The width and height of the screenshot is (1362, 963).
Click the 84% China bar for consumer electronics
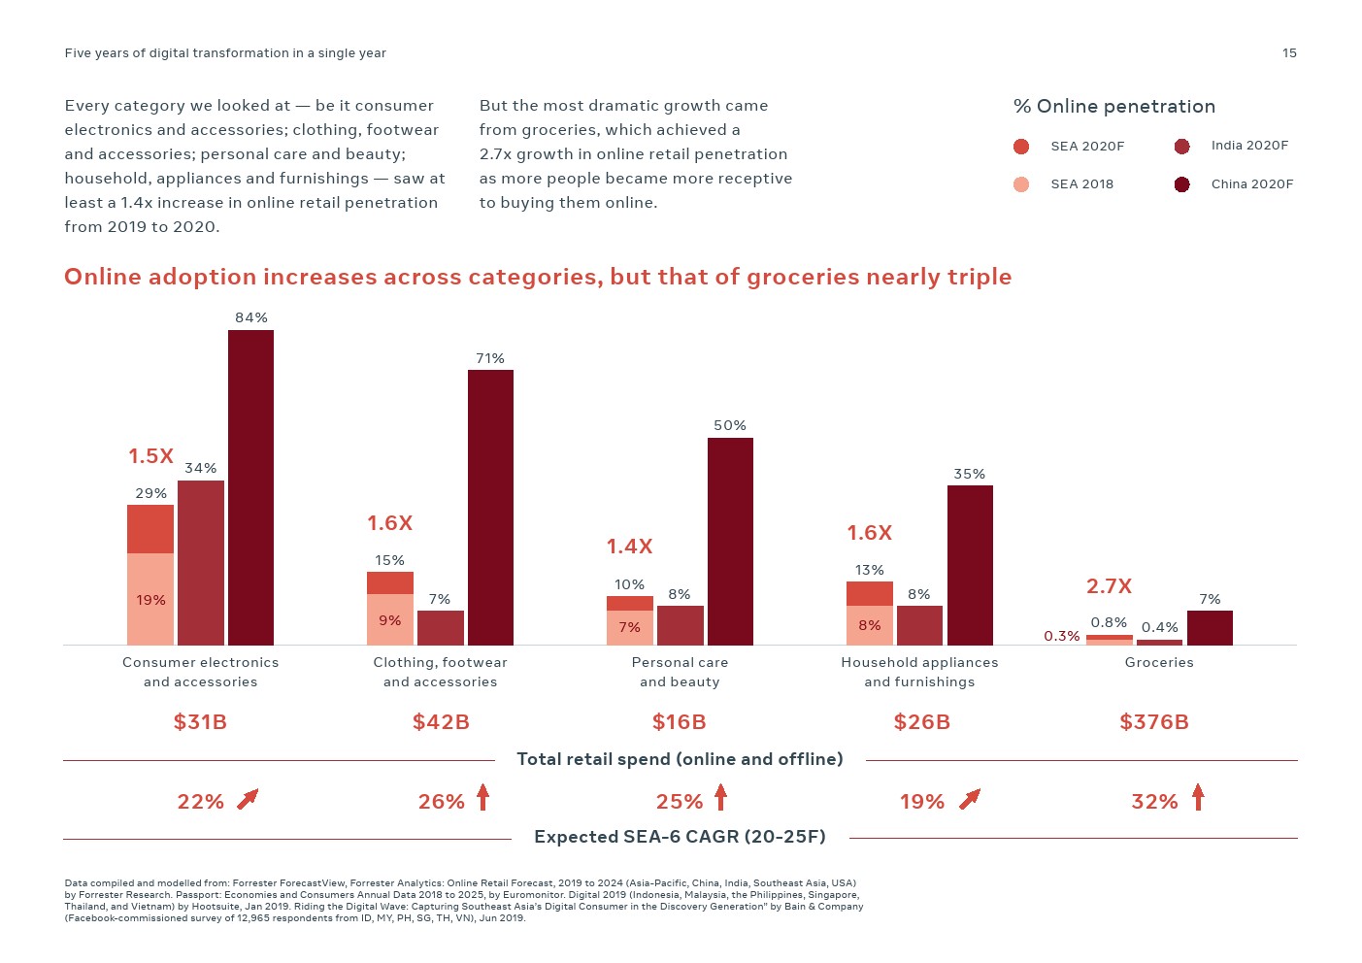pos(250,487)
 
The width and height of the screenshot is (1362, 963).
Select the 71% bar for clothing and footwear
pos(490,507)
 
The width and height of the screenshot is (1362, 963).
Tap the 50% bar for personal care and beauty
pos(730,541)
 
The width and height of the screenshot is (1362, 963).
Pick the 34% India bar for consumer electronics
pos(201,562)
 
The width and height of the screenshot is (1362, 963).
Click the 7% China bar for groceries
pos(1210,627)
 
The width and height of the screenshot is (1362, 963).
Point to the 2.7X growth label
pos(1109,586)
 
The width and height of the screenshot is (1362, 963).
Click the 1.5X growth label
pos(151,456)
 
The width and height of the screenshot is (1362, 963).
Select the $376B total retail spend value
pos(1154,722)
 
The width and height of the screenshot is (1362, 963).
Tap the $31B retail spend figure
pos(200,722)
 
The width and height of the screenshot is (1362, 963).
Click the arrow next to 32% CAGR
pos(1198,798)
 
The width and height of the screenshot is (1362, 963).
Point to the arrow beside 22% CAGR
pos(248,799)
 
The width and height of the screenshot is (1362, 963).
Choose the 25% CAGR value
pos(679,802)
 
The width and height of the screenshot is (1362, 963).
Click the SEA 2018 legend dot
pos(1021,184)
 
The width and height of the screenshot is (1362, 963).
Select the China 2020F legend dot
pos(1181,184)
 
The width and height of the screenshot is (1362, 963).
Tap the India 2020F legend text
pos(1249,146)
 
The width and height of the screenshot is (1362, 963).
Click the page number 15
pos(1289,53)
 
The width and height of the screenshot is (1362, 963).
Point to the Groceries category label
pos(1159,663)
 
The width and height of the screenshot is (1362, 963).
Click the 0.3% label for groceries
pos(1062,636)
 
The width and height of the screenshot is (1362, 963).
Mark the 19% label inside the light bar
pos(151,600)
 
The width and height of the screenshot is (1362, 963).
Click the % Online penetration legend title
pos(1113,107)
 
